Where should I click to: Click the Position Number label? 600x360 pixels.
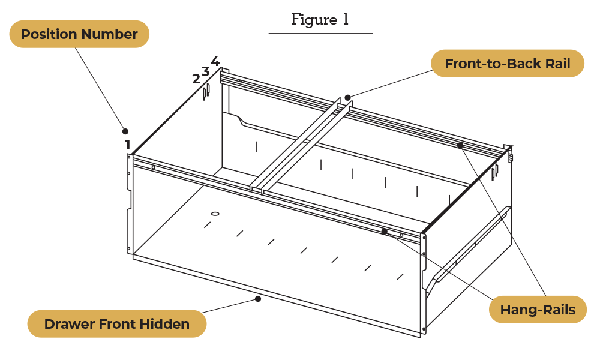(79, 34)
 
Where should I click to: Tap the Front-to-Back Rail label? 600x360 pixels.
(507, 64)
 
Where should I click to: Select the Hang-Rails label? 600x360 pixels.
(538, 310)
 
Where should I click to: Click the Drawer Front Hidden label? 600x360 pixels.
(117, 324)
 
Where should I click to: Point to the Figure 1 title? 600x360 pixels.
(320, 19)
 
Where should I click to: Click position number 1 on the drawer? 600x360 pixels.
(128, 145)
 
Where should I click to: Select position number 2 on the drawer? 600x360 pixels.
(196, 79)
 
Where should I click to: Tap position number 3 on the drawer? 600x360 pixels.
(205, 71)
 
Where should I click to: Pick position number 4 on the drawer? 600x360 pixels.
(215, 61)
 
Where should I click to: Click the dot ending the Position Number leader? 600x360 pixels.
(125, 131)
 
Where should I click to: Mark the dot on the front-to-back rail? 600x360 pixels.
(347, 97)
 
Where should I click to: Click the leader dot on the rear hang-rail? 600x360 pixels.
(460, 145)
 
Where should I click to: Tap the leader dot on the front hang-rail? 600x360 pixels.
(385, 232)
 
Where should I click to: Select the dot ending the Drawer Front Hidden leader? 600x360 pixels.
(258, 299)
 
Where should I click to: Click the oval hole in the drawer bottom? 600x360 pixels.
(215, 214)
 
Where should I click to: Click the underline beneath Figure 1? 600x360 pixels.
(320, 33)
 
